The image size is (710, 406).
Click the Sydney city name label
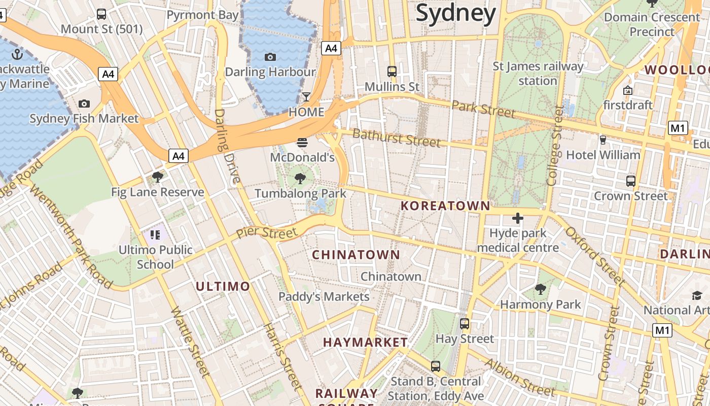click(x=455, y=13)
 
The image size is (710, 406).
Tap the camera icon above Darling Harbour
click(x=270, y=57)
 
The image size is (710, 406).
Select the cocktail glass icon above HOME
click(x=306, y=96)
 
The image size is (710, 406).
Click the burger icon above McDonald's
click(x=302, y=142)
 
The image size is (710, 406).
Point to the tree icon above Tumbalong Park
click(x=300, y=178)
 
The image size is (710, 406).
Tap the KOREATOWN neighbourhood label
click(x=445, y=206)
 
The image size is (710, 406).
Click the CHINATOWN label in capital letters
click(x=356, y=255)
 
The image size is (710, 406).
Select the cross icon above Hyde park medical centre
click(x=517, y=218)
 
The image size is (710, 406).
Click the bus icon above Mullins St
click(x=392, y=72)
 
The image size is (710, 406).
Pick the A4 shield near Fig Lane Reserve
click(x=179, y=156)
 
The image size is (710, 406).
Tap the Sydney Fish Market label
click(x=84, y=119)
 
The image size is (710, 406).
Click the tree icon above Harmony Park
click(x=541, y=289)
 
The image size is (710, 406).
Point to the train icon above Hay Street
click(x=465, y=323)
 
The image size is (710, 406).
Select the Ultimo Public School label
click(x=155, y=257)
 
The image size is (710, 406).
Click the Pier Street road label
click(x=267, y=233)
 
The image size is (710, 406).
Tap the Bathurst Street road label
click(x=396, y=138)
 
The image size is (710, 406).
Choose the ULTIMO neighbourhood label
click(x=223, y=286)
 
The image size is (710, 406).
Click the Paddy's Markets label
click(x=324, y=296)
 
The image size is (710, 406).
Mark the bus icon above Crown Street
click(x=631, y=181)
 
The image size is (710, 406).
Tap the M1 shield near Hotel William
click(x=678, y=128)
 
